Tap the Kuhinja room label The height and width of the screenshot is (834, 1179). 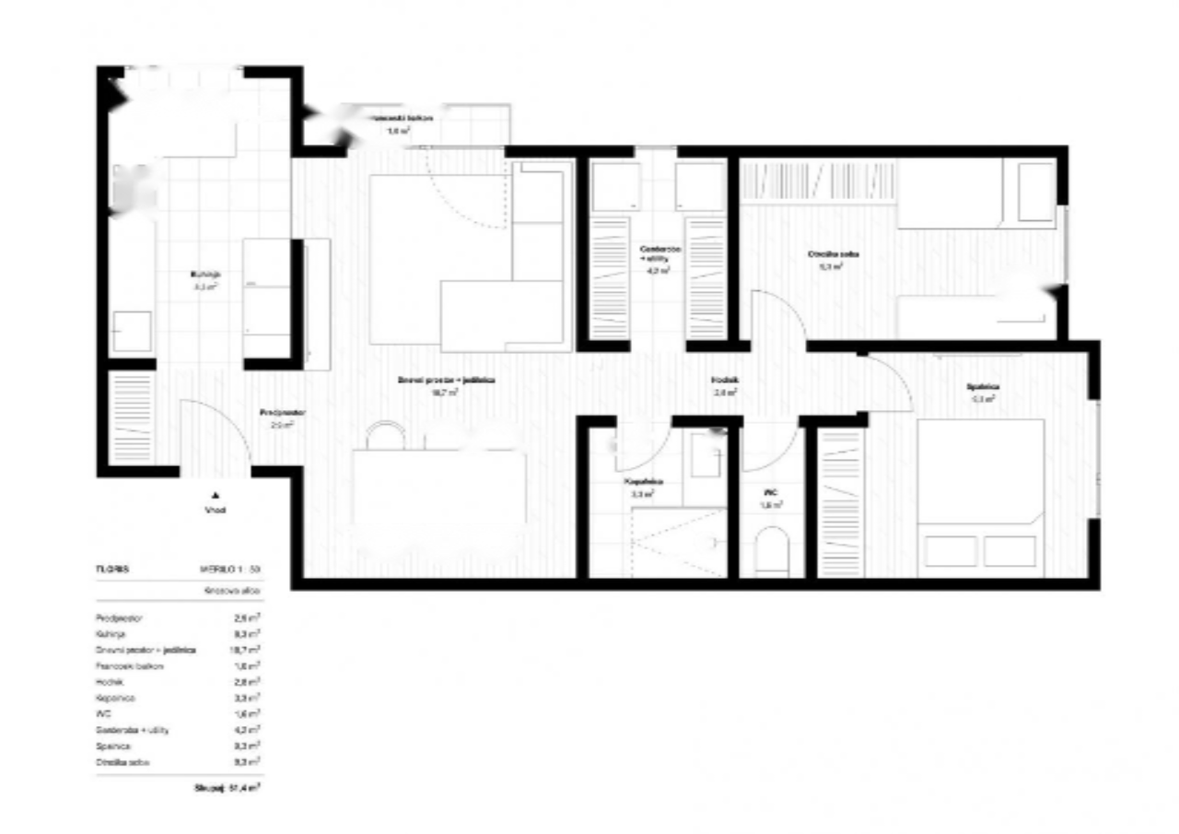tap(204, 275)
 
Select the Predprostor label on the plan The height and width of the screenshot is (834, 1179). tap(276, 413)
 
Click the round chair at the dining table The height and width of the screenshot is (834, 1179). tap(386, 434)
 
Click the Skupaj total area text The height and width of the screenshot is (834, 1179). tap(226, 789)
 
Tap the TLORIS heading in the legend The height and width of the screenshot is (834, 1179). tap(111, 570)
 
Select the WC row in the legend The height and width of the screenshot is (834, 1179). tap(175, 713)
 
